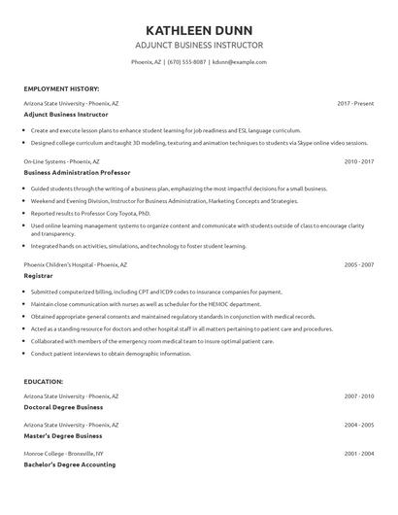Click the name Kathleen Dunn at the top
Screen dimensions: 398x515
point(198,28)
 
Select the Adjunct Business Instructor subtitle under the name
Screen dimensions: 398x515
point(198,45)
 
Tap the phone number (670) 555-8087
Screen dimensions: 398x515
point(186,61)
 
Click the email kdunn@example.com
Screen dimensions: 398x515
point(239,61)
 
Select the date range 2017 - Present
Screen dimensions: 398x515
point(356,102)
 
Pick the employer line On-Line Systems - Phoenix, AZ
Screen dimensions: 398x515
point(63,160)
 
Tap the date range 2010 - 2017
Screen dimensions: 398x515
point(359,160)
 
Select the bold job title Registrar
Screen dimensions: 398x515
point(41,274)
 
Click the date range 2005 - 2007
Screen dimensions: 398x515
point(359,263)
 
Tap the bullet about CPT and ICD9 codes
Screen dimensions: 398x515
point(156,291)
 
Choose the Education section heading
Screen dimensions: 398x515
point(45,382)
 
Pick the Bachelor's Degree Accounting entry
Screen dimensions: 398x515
point(71,464)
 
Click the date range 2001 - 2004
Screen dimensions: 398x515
point(359,454)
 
